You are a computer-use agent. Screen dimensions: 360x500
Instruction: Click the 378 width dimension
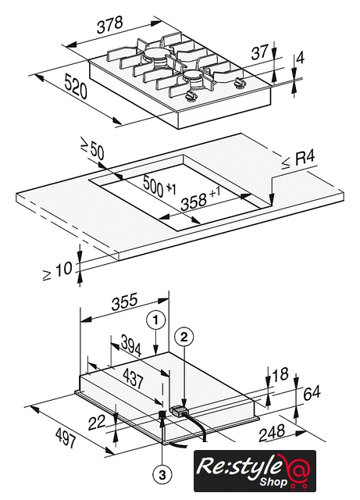coord(110,24)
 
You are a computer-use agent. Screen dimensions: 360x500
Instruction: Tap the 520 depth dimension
coord(76,86)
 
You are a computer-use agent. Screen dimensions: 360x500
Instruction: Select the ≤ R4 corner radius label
coord(298,159)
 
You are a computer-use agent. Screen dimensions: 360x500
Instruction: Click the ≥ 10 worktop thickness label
coord(57,270)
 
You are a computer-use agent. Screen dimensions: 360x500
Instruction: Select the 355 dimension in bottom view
coord(125,301)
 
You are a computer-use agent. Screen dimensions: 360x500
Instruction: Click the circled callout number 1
coord(156,320)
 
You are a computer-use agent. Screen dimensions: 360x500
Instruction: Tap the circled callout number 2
coord(184,337)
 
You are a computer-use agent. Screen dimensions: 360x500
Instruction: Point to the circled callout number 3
coord(162,476)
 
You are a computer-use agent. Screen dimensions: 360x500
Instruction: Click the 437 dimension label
coord(133,378)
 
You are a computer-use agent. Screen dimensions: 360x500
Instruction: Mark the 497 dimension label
coord(66,437)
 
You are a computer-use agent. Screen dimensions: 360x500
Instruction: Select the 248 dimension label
coord(272,433)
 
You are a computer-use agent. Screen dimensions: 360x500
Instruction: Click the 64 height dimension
coord(312,393)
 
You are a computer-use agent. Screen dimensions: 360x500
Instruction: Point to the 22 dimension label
coord(97,423)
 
